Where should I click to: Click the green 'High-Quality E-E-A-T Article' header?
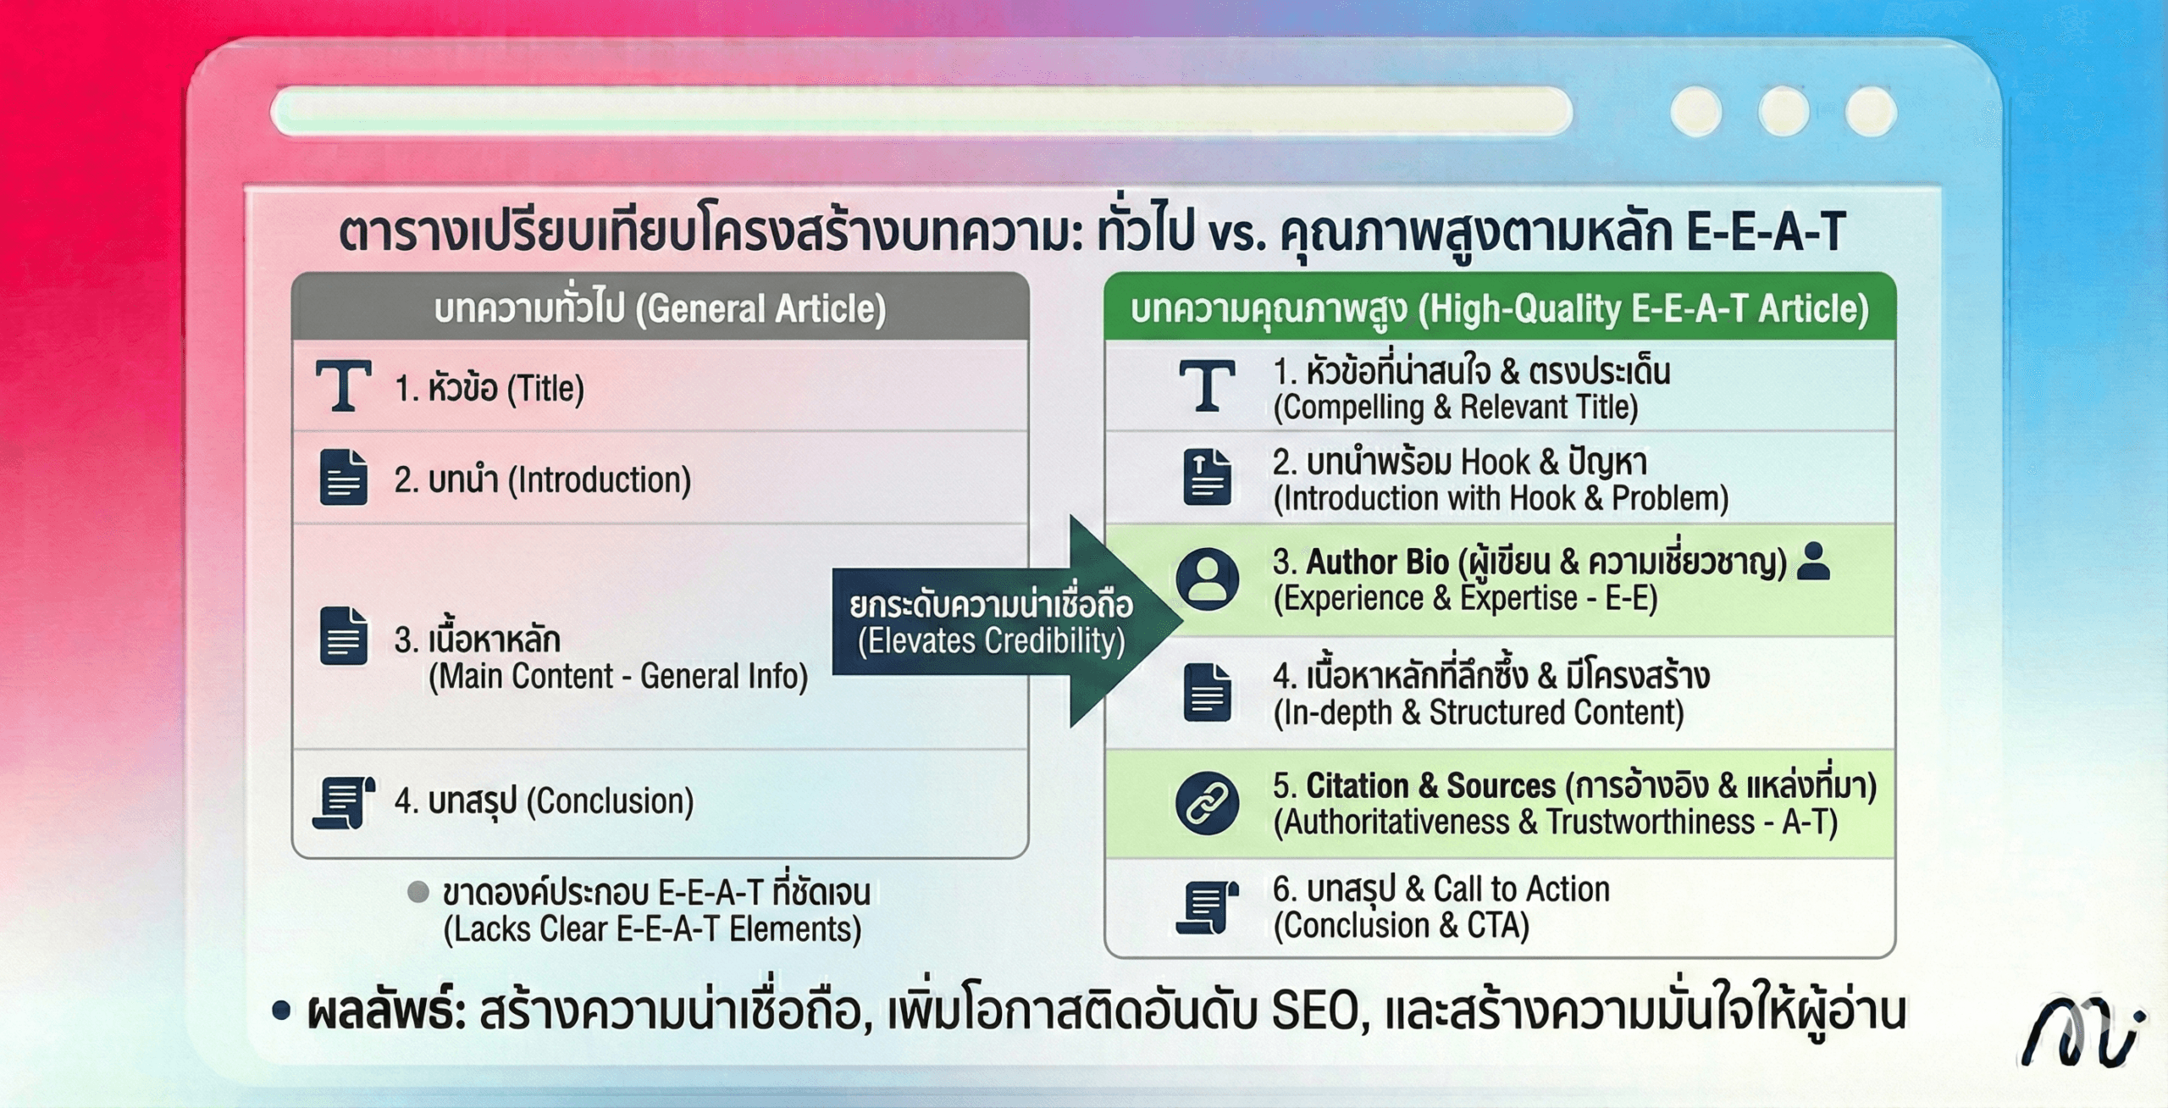[1499, 308]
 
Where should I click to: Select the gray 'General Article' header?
[660, 308]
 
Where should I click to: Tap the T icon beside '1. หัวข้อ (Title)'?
[343, 386]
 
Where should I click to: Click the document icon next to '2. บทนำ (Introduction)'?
[344, 478]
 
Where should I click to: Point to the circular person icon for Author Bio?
[1207, 579]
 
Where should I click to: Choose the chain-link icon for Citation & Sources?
[1207, 803]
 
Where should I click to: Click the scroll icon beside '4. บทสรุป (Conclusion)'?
[344, 801]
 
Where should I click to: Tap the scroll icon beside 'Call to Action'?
[1207, 907]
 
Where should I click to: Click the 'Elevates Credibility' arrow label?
[991, 623]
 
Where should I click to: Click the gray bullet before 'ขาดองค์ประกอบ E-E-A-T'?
[418, 892]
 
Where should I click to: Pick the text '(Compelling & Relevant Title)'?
[1455, 407]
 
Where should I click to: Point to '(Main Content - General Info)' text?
[618, 676]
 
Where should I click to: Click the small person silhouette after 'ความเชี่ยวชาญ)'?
[1813, 562]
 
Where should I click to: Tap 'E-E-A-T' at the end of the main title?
[1765, 231]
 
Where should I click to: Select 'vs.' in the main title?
[1237, 233]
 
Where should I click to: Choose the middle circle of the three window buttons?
[1784, 112]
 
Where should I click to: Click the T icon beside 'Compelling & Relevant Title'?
[1207, 386]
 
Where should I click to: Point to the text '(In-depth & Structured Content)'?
[1479, 712]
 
